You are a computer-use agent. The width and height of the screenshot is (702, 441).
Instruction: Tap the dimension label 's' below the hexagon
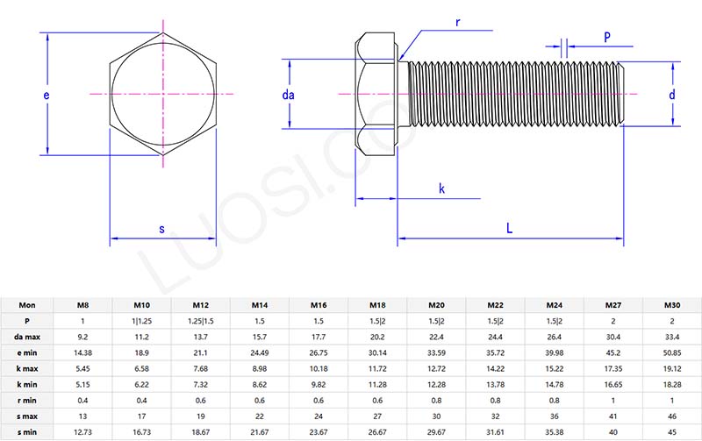point(161,230)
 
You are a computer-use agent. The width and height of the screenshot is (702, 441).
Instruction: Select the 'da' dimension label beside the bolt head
point(288,95)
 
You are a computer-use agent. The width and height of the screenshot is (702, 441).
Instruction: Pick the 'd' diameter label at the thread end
point(671,95)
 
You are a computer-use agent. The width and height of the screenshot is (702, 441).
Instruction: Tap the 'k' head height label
point(441,188)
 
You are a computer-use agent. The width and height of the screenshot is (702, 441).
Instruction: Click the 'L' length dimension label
point(510,227)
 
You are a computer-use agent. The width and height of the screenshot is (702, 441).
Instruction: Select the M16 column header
point(319,305)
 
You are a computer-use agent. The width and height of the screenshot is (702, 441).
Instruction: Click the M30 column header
point(671,305)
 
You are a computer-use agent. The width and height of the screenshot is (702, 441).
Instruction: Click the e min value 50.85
point(671,352)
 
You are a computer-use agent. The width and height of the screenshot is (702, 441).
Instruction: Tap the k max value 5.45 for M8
point(82,368)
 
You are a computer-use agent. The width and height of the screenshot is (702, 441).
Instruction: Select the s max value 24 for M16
point(319,416)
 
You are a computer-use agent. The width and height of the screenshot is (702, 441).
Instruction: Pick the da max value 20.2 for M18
point(377,337)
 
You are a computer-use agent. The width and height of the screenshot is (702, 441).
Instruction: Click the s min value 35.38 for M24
point(554,431)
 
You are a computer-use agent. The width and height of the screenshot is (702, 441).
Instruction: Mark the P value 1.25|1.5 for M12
point(200,321)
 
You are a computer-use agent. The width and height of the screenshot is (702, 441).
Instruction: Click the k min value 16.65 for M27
point(612,384)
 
